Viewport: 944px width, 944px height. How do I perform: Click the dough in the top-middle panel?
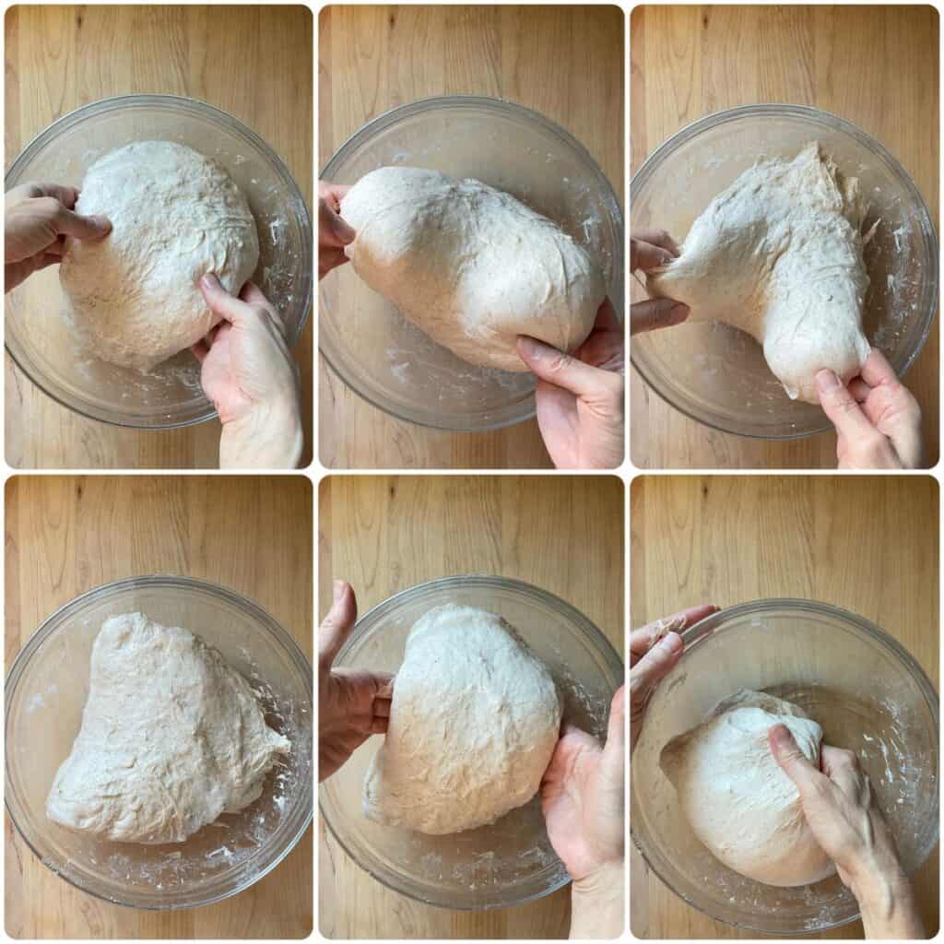470,258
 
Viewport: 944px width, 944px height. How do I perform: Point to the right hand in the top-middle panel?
576,387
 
